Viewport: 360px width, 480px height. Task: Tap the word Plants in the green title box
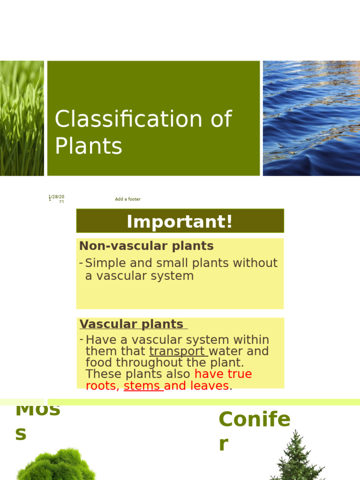pyautogui.click(x=89, y=146)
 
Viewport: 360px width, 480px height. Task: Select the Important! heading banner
pyautogui.click(x=180, y=221)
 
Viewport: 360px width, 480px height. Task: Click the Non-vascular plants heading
pyautogui.click(x=146, y=246)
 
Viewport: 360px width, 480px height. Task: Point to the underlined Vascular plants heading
pyautogui.click(x=132, y=324)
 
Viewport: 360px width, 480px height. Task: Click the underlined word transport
pyautogui.click(x=178, y=352)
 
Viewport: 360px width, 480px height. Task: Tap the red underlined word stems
pyautogui.click(x=142, y=386)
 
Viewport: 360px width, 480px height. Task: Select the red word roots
pyautogui.click(x=101, y=386)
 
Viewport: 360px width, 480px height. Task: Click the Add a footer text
pyautogui.click(x=127, y=199)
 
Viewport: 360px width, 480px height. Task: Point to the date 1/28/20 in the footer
pyautogui.click(x=57, y=197)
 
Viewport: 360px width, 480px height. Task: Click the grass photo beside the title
pyautogui.click(x=22, y=118)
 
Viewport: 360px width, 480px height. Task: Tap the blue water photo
pyautogui.click(x=311, y=118)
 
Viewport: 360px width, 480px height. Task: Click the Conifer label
pyautogui.click(x=254, y=420)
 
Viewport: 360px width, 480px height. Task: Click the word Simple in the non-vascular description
pyautogui.click(x=104, y=263)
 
